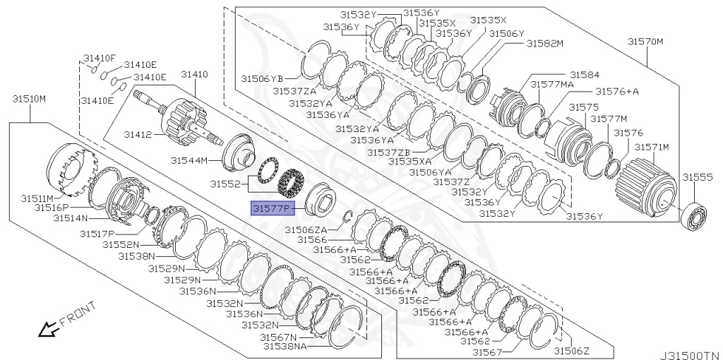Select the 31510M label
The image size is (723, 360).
pyautogui.click(x=28, y=98)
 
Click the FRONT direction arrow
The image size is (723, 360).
pyautogui.click(x=49, y=328)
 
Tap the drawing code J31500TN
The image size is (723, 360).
pyautogui.click(x=690, y=355)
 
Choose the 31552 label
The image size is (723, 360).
pyautogui.click(x=225, y=184)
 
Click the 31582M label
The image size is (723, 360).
pyautogui.click(x=544, y=43)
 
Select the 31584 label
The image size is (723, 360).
pyautogui.click(x=585, y=74)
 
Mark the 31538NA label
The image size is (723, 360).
pyautogui.click(x=285, y=347)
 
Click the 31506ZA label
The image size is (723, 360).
pyautogui.click(x=306, y=229)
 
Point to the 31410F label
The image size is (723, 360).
pyautogui.click(x=100, y=58)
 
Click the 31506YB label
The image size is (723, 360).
pyautogui.click(x=262, y=78)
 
